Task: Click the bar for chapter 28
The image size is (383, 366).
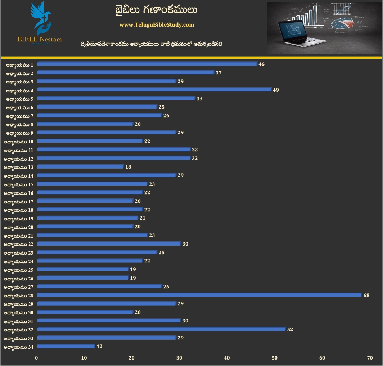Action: pos(199,295)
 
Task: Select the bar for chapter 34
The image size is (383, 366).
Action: pos(66,347)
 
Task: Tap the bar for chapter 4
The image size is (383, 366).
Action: pos(154,90)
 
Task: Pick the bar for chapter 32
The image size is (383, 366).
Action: pos(161,329)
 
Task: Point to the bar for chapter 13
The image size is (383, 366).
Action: pos(80,167)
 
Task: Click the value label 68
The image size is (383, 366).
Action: pos(366,295)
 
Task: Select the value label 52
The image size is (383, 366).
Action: pos(290,329)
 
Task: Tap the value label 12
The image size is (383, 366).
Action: pos(100,347)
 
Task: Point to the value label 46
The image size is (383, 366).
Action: pos(262,64)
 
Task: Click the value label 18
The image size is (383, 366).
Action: pos(128,167)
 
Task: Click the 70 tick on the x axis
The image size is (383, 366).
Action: pos(370,358)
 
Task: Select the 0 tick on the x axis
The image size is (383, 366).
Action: pos(36,358)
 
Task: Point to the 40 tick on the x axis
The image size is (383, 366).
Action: pos(227,358)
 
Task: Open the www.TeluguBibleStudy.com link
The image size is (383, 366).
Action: pos(157,25)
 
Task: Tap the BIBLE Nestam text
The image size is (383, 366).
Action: pos(40,39)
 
